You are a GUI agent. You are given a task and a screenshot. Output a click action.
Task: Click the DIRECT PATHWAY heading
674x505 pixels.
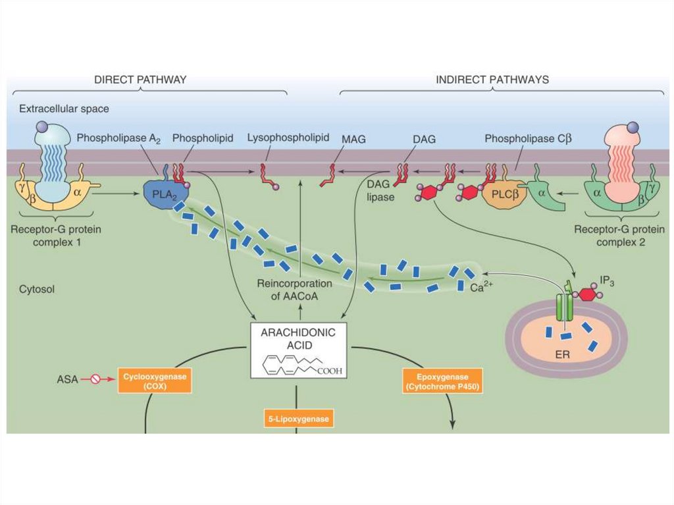point(140,80)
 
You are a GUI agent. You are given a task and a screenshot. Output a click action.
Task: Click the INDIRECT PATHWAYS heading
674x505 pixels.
point(492,80)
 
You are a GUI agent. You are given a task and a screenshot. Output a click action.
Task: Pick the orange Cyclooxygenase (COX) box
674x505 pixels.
point(155,380)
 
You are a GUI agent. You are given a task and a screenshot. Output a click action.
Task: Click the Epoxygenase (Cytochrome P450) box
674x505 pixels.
point(441,380)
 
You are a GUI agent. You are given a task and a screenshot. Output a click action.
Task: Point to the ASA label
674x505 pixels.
point(67,379)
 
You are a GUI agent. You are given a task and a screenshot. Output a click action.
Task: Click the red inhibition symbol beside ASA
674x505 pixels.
point(95,379)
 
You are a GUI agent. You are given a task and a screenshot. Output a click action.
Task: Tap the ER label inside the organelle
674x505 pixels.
point(558,347)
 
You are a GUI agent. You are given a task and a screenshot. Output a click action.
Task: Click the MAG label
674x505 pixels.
point(353,140)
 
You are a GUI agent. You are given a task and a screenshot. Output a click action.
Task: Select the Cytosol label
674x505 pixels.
point(36,289)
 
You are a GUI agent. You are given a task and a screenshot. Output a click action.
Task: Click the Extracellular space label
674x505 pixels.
point(64,108)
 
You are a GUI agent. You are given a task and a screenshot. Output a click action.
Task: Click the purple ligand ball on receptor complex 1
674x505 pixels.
point(41,126)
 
